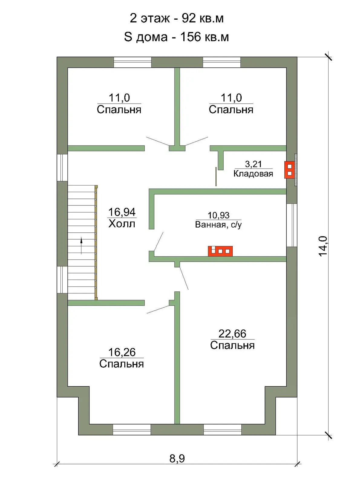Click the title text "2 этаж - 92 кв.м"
176,18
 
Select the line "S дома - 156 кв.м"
176,37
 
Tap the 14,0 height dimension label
323,246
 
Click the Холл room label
122,224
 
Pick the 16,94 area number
122,212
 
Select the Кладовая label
253,173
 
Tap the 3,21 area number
253,164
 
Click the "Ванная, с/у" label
218,224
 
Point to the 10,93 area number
218,215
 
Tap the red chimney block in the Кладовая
289,170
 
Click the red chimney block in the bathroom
220,251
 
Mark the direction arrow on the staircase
81,245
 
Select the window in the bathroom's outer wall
292,225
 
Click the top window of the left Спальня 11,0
133,62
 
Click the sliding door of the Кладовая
216,176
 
